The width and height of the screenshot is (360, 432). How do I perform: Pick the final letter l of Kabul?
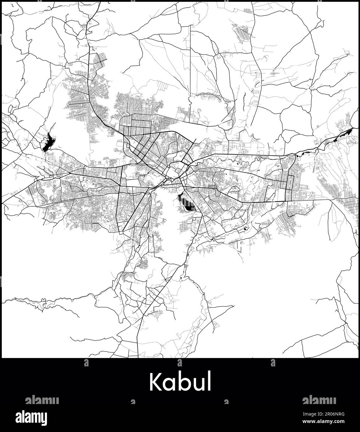coord(209,381)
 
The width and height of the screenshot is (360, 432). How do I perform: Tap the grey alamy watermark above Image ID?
coord(319,399)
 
